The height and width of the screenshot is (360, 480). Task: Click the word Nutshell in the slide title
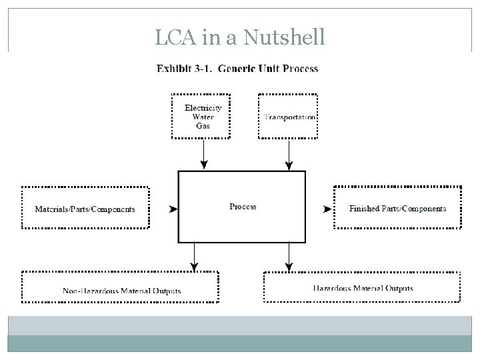pos(285,37)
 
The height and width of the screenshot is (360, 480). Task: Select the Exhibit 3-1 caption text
pos(237,69)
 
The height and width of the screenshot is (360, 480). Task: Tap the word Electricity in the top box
pos(203,108)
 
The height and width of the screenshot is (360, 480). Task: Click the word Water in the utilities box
pos(203,117)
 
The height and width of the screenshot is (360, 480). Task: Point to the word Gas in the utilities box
pos(203,125)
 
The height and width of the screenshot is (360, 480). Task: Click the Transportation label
pos(289,117)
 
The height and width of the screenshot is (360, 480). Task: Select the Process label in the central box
pos(243,207)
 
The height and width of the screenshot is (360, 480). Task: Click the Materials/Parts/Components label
pos(85,209)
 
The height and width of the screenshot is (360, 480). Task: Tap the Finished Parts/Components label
pos(397,209)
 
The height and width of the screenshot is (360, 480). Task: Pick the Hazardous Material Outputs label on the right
pos(363,289)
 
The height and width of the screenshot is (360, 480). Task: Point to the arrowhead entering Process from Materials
pos(173,209)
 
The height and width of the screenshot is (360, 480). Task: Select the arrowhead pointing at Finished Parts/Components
pos(327,209)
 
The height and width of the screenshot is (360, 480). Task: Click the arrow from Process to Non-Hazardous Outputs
pos(194,257)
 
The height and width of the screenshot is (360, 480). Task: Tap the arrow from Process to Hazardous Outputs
pos(289,257)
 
